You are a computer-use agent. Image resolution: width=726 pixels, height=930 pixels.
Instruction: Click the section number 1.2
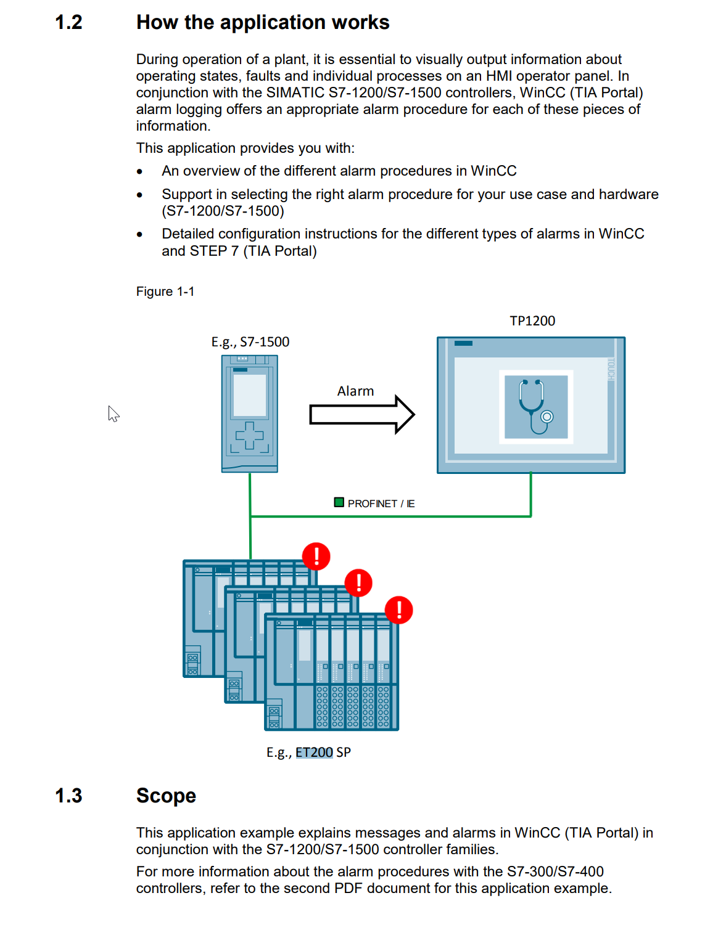(x=68, y=23)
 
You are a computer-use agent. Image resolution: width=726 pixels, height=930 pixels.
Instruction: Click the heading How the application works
(x=263, y=23)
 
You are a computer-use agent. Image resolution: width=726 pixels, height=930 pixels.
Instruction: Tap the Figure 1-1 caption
(x=165, y=292)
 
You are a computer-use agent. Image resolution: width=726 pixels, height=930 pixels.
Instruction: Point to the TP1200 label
(x=532, y=321)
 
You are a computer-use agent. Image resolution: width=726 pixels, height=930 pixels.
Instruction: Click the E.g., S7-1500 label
(x=250, y=342)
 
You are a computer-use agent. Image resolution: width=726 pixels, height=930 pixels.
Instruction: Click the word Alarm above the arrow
(x=355, y=391)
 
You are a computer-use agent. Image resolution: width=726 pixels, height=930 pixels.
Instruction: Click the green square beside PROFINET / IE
(x=339, y=502)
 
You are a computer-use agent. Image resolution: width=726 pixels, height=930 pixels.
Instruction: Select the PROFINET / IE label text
(x=381, y=504)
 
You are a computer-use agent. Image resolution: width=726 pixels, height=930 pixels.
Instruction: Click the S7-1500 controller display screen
(x=250, y=395)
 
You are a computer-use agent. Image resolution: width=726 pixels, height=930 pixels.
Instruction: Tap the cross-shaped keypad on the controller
(x=250, y=436)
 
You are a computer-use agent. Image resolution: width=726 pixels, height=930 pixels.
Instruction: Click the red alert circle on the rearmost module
(x=316, y=556)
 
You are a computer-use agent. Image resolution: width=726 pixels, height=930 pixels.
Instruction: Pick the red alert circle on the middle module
(x=358, y=582)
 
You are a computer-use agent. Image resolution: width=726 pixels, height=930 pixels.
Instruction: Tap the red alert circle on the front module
(x=399, y=610)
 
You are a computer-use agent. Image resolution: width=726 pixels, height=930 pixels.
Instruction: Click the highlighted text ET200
(x=314, y=753)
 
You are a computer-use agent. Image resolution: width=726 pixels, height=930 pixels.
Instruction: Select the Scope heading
(x=166, y=796)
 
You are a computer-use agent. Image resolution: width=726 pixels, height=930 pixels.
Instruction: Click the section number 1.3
(x=68, y=796)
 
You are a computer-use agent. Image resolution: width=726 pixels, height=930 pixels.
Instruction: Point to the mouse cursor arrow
(x=113, y=413)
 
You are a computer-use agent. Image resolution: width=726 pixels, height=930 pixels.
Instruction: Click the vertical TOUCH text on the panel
(x=611, y=369)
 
